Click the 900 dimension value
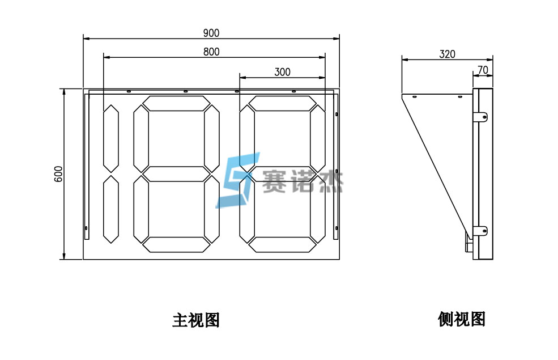click(211, 33)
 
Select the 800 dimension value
click(211, 52)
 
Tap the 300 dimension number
click(282, 71)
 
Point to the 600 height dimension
click(58, 173)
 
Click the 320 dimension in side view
click(447, 54)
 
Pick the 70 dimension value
click(483, 70)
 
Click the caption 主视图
click(195, 320)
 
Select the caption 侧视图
click(461, 319)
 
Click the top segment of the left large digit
click(176, 103)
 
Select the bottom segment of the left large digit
click(176, 244)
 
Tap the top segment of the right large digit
click(283, 103)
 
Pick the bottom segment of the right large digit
click(283, 244)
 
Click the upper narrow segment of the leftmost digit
click(110, 137)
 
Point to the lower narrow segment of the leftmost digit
click(110, 209)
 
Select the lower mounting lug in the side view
click(480, 231)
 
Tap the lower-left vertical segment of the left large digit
click(140, 209)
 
